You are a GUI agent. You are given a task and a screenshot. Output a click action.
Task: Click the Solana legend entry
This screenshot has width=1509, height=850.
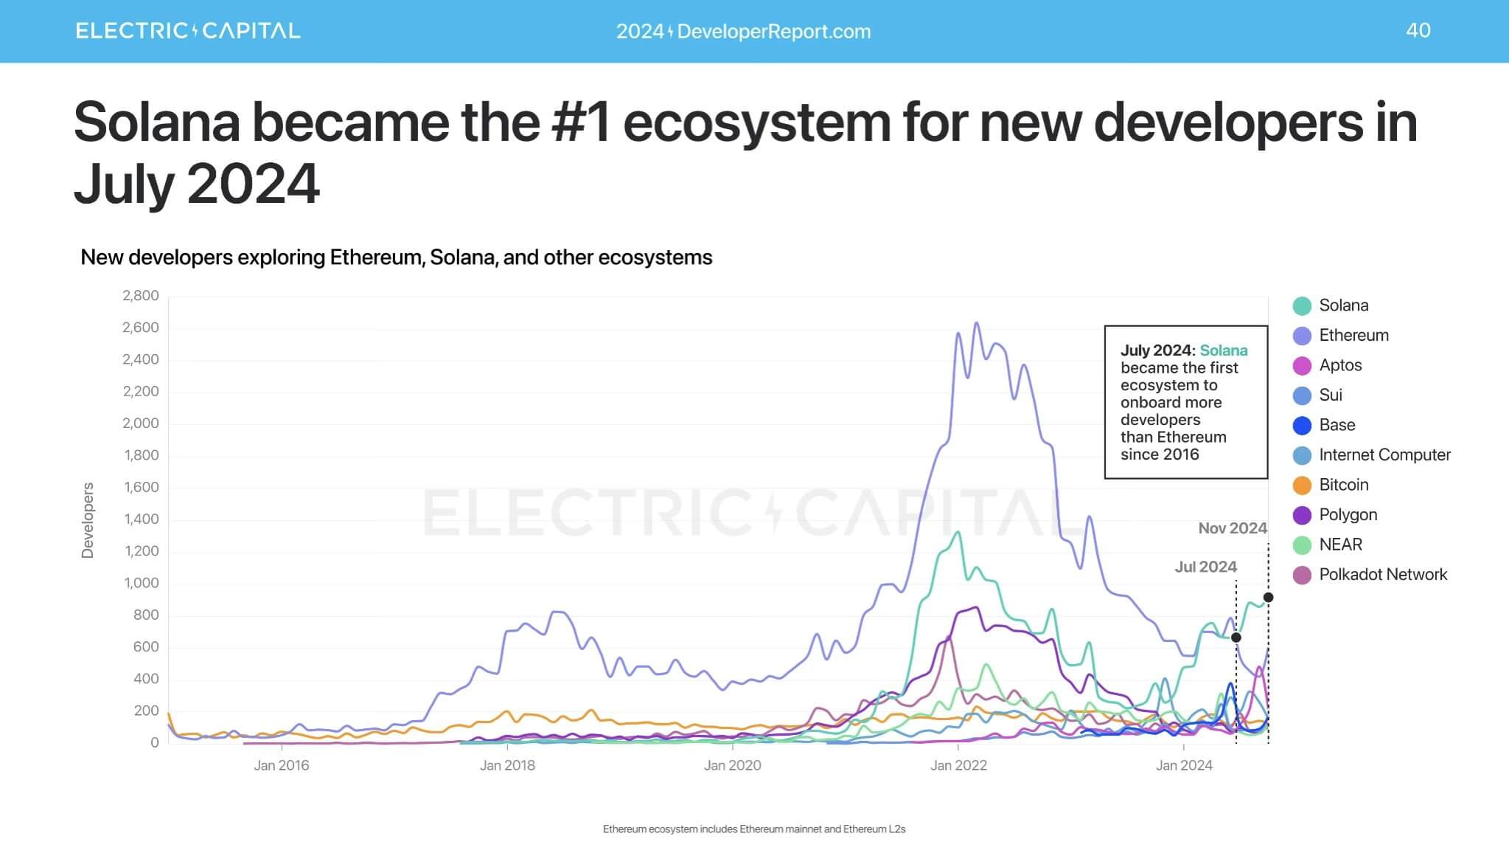point(1342,305)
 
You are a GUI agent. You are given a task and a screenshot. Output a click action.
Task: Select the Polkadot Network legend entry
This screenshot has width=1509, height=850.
point(1382,575)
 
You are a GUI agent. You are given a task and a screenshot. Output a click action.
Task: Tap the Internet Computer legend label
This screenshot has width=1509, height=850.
point(1384,455)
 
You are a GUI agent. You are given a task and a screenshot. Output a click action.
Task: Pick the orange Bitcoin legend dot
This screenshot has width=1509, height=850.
point(1302,486)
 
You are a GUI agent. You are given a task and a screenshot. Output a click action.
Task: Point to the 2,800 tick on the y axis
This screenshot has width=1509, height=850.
point(141,296)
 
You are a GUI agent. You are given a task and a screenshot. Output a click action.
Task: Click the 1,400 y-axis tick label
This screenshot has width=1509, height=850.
point(141,519)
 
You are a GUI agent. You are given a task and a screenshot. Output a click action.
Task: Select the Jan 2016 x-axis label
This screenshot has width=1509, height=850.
point(282,766)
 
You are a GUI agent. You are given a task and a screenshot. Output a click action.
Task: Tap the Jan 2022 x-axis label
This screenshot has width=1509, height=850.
point(958,766)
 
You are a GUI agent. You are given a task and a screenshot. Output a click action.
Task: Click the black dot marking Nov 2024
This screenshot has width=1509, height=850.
point(1268,598)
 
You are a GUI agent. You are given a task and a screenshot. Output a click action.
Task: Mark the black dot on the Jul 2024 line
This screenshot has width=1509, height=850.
point(1236,637)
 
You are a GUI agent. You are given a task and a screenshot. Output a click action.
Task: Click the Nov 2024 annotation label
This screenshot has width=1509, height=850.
point(1232,528)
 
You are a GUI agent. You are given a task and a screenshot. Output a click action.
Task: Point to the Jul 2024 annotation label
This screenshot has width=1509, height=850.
point(1205,567)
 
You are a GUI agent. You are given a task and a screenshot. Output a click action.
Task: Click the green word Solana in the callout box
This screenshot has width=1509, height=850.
point(1224,350)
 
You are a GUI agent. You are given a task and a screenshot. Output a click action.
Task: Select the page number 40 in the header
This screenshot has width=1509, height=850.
point(1418,30)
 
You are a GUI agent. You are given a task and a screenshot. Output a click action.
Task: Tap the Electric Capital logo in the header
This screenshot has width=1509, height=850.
point(188,31)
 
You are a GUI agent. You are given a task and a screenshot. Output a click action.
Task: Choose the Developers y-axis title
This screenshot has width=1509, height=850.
point(88,520)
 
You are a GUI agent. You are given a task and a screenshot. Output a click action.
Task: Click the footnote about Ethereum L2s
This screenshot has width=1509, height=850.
point(754,829)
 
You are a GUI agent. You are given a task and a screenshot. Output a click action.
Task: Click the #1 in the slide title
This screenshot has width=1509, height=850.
point(581,122)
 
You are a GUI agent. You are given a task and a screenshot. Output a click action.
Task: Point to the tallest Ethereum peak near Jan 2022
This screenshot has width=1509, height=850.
point(977,323)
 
